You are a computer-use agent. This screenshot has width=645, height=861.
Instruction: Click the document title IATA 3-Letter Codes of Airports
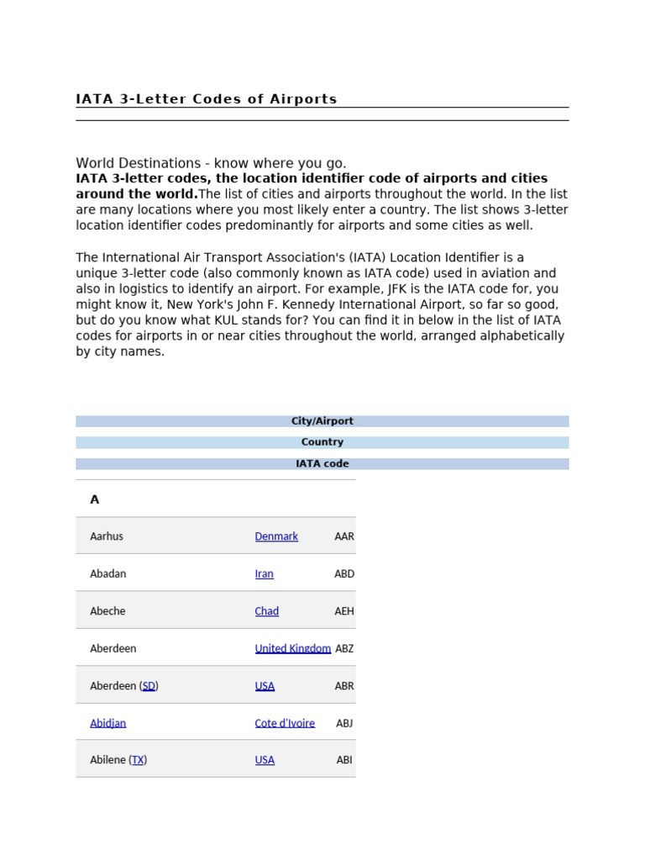click(207, 99)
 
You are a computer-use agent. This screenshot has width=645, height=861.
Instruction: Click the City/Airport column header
click(322, 421)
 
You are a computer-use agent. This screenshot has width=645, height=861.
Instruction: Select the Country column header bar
click(322, 442)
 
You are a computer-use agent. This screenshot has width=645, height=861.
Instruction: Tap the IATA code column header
click(322, 463)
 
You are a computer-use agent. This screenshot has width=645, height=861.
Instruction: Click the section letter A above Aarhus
click(95, 499)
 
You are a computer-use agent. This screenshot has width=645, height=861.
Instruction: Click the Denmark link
click(276, 536)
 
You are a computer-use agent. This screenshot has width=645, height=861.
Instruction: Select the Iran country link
click(264, 573)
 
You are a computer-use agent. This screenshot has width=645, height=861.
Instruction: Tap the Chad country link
click(266, 611)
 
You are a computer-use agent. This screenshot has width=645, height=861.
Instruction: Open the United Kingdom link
click(292, 648)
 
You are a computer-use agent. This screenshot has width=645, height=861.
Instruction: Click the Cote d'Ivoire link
click(285, 723)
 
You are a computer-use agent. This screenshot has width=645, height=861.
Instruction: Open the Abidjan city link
click(107, 723)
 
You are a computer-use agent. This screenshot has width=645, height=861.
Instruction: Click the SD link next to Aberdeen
click(149, 686)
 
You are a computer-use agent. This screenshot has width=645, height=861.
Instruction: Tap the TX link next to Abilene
click(138, 760)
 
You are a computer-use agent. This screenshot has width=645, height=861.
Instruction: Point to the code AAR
click(344, 536)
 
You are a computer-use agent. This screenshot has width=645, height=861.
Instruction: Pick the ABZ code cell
click(344, 648)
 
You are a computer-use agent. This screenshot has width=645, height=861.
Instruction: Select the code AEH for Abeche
click(344, 611)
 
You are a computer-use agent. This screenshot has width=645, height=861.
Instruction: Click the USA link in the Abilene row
click(265, 760)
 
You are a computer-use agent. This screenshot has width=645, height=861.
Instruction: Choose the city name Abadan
click(107, 573)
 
